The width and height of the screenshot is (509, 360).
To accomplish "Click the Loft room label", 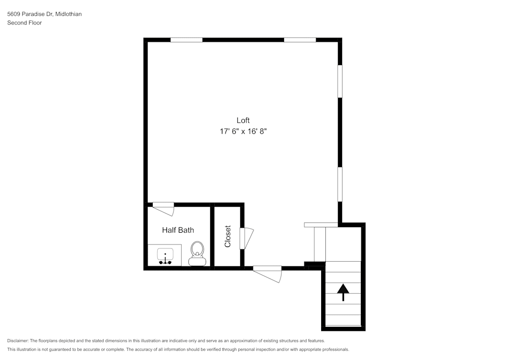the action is click(243, 121).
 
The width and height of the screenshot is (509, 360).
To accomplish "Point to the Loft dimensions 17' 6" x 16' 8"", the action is click(243, 131).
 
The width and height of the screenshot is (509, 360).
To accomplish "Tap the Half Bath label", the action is click(178, 230).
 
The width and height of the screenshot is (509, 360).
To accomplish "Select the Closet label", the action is click(228, 236).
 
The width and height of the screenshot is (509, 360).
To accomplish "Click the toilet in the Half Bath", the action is click(197, 254).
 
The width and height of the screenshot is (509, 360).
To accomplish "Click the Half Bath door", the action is click(163, 209).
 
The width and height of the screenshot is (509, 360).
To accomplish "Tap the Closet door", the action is click(246, 239).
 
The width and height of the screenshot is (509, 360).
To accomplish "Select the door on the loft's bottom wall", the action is click(267, 273).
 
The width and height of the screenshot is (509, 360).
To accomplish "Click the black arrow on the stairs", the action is click(343, 292).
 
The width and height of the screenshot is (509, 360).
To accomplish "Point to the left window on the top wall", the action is click(186, 40).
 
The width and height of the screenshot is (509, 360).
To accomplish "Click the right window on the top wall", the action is click(300, 40).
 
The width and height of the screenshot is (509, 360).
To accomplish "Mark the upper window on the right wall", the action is click(340, 81).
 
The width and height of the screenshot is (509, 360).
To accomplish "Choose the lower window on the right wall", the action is click(340, 184).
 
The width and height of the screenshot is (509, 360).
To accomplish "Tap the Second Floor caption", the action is click(24, 23).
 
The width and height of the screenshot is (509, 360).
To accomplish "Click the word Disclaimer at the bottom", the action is click(18, 341).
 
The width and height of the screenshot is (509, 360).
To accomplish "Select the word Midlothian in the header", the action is click(69, 14).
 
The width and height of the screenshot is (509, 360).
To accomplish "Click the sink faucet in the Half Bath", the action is click(165, 261).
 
